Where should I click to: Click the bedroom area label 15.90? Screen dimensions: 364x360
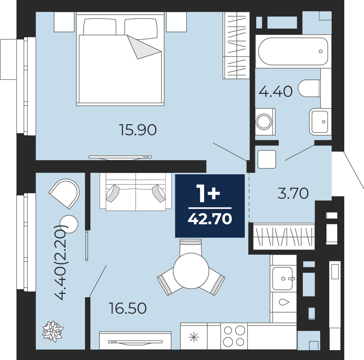[138, 130]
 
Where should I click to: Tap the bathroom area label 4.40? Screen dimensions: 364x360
[276, 91]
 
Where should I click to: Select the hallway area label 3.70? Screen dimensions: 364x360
[293, 193]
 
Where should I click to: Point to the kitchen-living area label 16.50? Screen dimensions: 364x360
[128, 308]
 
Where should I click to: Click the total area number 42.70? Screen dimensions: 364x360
[210, 219]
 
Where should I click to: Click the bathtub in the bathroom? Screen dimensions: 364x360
[293, 52]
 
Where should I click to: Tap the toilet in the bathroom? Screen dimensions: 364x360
[309, 88]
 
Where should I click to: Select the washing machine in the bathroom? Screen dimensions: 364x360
[265, 122]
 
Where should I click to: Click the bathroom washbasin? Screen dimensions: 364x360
[320, 121]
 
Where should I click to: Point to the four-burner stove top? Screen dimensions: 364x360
[234, 336]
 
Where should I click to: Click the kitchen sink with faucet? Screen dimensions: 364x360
[283, 278]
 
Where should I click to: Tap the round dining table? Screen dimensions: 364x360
[191, 271]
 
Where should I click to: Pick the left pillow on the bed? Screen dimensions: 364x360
[99, 26]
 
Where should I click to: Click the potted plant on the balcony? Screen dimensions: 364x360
[53, 332]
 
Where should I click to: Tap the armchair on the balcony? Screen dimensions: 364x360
[65, 193]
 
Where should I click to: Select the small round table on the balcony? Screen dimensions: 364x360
[69, 224]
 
